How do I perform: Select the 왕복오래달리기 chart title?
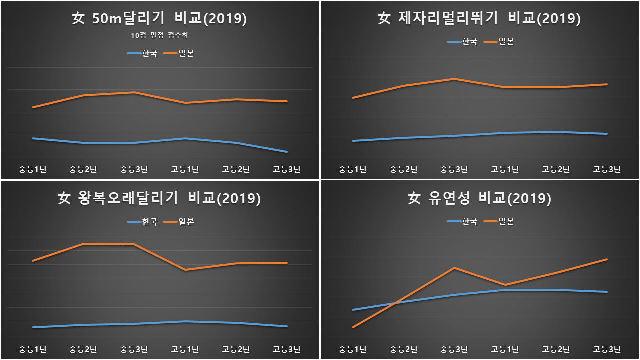point(159,198)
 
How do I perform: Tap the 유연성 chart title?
point(479,198)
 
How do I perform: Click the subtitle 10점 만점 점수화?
point(160,35)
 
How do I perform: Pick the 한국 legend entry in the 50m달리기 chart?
point(143,53)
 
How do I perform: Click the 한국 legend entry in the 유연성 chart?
point(463,221)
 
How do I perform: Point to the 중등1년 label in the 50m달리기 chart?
point(33,169)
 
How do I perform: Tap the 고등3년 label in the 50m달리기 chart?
point(287,169)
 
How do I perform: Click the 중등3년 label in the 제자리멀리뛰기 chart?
point(454,169)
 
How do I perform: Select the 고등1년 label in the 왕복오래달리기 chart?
point(185,349)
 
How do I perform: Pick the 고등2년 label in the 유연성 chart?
point(556,349)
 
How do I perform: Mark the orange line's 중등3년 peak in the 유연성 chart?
point(454,268)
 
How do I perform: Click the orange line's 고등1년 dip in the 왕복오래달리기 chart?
point(185,270)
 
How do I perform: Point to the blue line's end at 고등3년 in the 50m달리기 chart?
point(287,152)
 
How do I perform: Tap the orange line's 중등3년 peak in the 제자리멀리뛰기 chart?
point(454,79)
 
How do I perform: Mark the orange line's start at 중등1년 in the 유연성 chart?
point(353,327)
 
